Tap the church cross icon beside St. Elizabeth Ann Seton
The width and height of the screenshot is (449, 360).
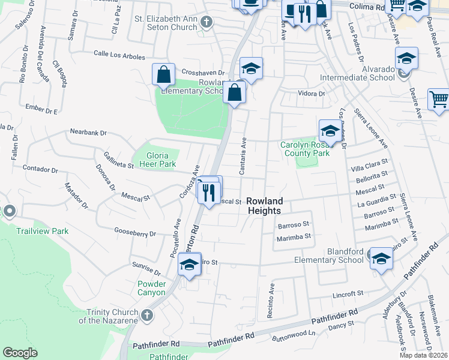[206, 23]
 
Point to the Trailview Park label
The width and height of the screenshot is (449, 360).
[42, 231]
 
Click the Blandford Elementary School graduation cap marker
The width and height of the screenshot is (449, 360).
[381, 259]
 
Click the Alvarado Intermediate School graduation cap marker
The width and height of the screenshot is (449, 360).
[406, 58]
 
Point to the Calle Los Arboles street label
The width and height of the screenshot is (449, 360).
[119, 56]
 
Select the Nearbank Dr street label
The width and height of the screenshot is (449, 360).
[88, 132]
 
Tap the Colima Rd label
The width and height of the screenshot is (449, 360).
[364, 8]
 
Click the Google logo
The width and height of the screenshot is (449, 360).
[20, 353]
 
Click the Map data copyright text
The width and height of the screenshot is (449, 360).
[423, 355]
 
